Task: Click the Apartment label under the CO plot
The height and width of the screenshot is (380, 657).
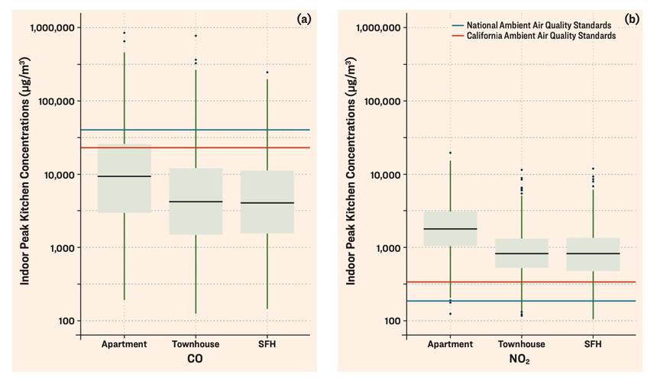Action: (x=124, y=344)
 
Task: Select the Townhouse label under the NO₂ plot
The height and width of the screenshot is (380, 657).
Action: (x=522, y=344)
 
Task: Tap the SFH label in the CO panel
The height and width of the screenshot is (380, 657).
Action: (x=267, y=344)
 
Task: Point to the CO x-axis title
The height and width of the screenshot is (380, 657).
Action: (x=196, y=359)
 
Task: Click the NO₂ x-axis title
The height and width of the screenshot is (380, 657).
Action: (x=522, y=359)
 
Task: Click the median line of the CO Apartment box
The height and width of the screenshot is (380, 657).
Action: (x=124, y=176)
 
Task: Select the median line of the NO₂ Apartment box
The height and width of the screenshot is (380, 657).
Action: (x=450, y=229)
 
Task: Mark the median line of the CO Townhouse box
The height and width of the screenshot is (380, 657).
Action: (x=196, y=201)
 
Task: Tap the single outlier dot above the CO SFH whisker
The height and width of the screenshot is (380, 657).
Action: (x=267, y=72)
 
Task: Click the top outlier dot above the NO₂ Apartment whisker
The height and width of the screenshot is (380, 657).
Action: (x=450, y=153)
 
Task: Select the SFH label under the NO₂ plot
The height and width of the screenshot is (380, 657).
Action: (x=593, y=344)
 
